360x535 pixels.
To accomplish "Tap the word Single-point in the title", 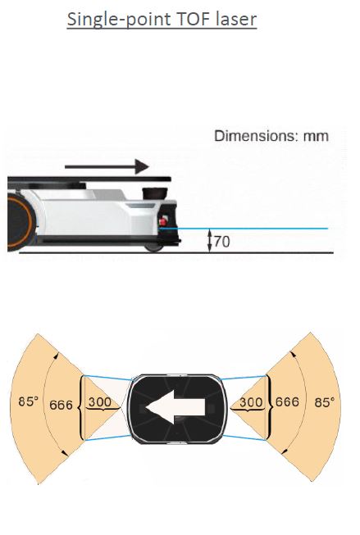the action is (118, 20).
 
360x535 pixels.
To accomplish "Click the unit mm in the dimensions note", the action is (316, 137).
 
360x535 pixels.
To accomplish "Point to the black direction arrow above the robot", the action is (107, 166).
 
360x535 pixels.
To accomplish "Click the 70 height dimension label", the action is (222, 242).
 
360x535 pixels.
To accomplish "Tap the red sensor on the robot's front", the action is (163, 221).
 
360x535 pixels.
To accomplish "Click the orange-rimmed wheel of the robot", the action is (20, 223).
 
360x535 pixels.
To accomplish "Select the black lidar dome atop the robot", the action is (154, 193).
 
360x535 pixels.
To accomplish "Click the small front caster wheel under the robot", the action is (154, 247).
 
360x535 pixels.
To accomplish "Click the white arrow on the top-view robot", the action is (175, 407).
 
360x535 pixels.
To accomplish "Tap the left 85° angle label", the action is (29, 401).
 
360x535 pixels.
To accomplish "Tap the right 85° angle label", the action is (325, 402).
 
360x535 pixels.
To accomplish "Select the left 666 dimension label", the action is (62, 405).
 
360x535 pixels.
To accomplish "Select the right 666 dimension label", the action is (287, 401).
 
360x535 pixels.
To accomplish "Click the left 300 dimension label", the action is (100, 401).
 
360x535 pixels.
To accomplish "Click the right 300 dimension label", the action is (251, 402).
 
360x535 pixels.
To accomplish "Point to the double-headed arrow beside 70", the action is (210, 241).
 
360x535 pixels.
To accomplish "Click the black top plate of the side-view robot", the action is (89, 179).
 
